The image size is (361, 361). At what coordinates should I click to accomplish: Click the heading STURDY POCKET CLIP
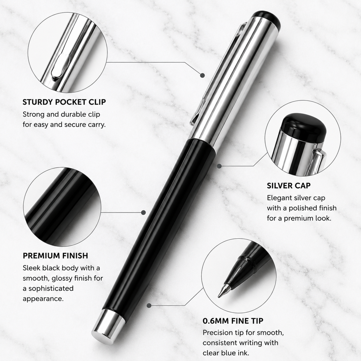(64, 102)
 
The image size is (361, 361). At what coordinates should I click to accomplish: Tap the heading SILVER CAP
(289, 185)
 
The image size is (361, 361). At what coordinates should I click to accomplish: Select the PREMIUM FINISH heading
(55, 256)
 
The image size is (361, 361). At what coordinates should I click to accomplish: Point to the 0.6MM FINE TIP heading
(233, 321)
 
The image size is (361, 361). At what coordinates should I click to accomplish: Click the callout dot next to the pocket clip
(203, 75)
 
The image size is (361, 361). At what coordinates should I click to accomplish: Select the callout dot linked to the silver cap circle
(219, 166)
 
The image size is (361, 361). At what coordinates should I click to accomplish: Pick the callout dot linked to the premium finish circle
(143, 212)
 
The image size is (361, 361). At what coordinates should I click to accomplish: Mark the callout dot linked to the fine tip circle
(149, 306)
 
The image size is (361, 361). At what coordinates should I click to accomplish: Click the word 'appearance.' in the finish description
(43, 299)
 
